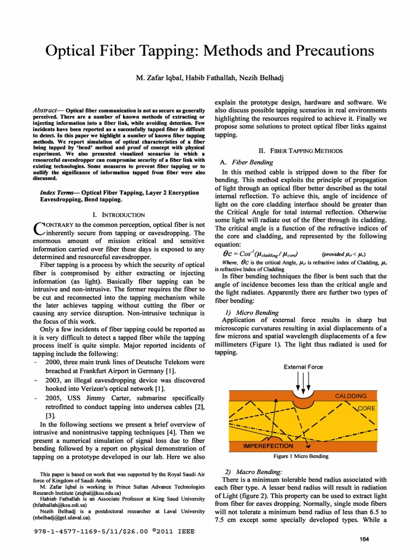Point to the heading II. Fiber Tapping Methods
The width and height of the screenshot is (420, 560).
[x=300, y=150]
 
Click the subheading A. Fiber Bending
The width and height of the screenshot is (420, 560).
[x=242, y=162]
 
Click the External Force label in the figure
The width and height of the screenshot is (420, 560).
[x=303, y=367]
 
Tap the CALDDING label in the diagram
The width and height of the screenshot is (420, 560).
[x=351, y=395]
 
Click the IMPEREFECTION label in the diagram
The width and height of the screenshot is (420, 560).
[x=268, y=446]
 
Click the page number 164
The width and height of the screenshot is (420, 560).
[x=365, y=540]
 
